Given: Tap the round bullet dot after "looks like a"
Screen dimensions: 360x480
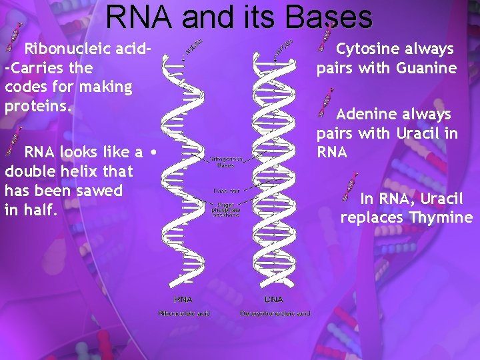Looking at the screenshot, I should click(154, 152).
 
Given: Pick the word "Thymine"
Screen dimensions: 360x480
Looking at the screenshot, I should click(441, 218).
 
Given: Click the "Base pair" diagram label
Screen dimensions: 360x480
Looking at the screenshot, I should click(224, 191).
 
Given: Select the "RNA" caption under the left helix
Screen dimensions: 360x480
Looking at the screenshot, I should click(183, 299).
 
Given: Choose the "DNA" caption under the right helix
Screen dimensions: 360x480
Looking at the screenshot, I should click(274, 299).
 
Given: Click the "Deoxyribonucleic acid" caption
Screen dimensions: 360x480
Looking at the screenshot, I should click(275, 313).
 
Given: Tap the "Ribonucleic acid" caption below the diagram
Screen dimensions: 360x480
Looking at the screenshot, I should click(183, 313).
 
